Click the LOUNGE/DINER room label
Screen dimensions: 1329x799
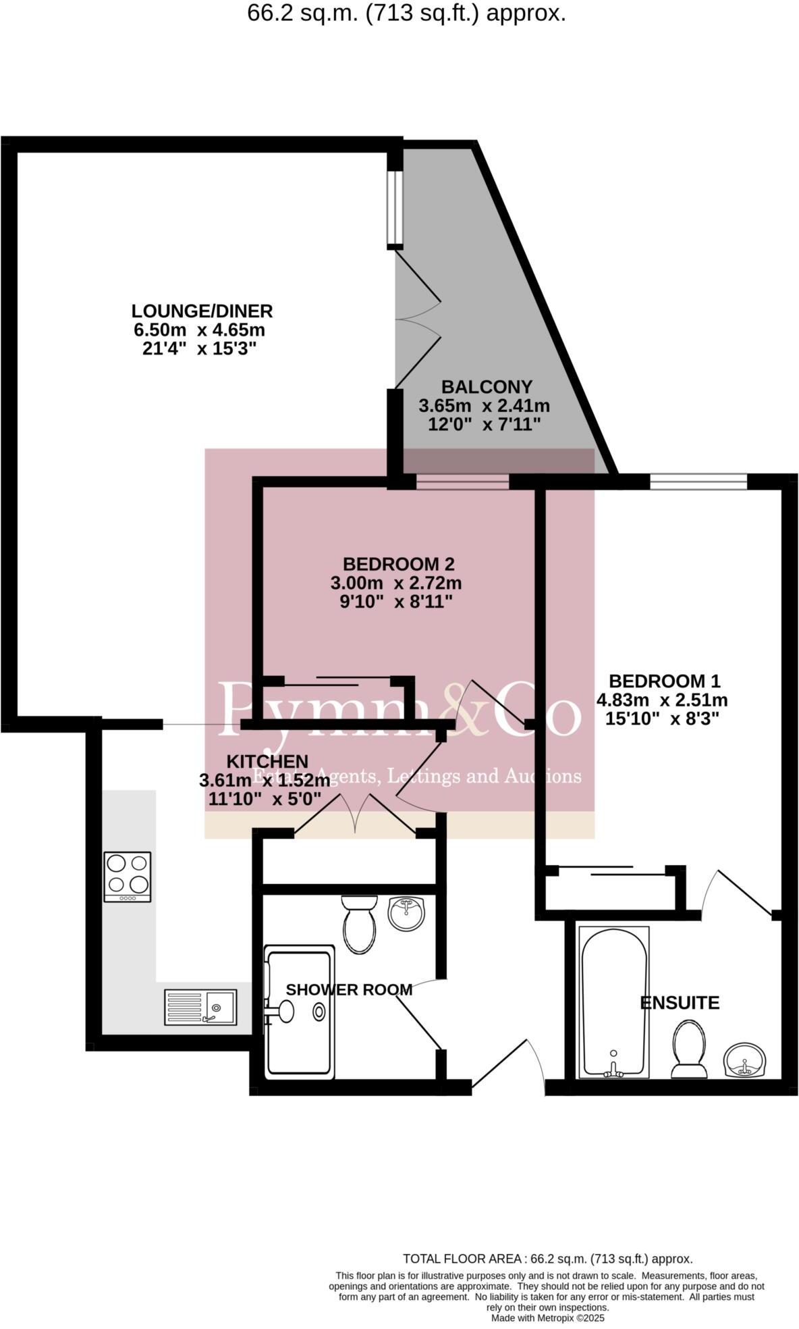pos(202,311)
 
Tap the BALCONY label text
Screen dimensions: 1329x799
pos(486,387)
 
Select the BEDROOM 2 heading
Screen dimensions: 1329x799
pos(398,564)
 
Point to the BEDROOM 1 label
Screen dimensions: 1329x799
pos(664,681)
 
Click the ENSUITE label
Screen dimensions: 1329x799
pos(679,1003)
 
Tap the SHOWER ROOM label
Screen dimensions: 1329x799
pos(349,990)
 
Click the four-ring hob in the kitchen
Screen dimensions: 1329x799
pos(127,876)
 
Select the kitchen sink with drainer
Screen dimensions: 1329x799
pos(200,1008)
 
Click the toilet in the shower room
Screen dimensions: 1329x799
pos(359,925)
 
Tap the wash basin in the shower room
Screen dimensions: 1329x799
pos(406,914)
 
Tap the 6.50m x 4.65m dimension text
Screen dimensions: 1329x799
pos(200,330)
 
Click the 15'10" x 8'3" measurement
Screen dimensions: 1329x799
pos(661,719)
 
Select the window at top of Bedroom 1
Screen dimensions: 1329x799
pos(698,481)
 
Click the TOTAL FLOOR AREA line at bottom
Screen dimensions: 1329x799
pos(547,1259)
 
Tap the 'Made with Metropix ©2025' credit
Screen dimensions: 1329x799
pos(547,1318)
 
